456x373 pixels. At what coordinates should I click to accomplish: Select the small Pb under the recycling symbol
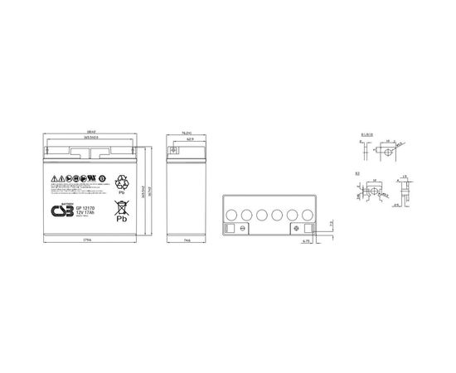(x=126, y=191)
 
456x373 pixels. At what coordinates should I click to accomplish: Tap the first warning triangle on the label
(x=53, y=179)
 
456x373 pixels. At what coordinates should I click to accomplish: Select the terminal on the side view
(x=175, y=152)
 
